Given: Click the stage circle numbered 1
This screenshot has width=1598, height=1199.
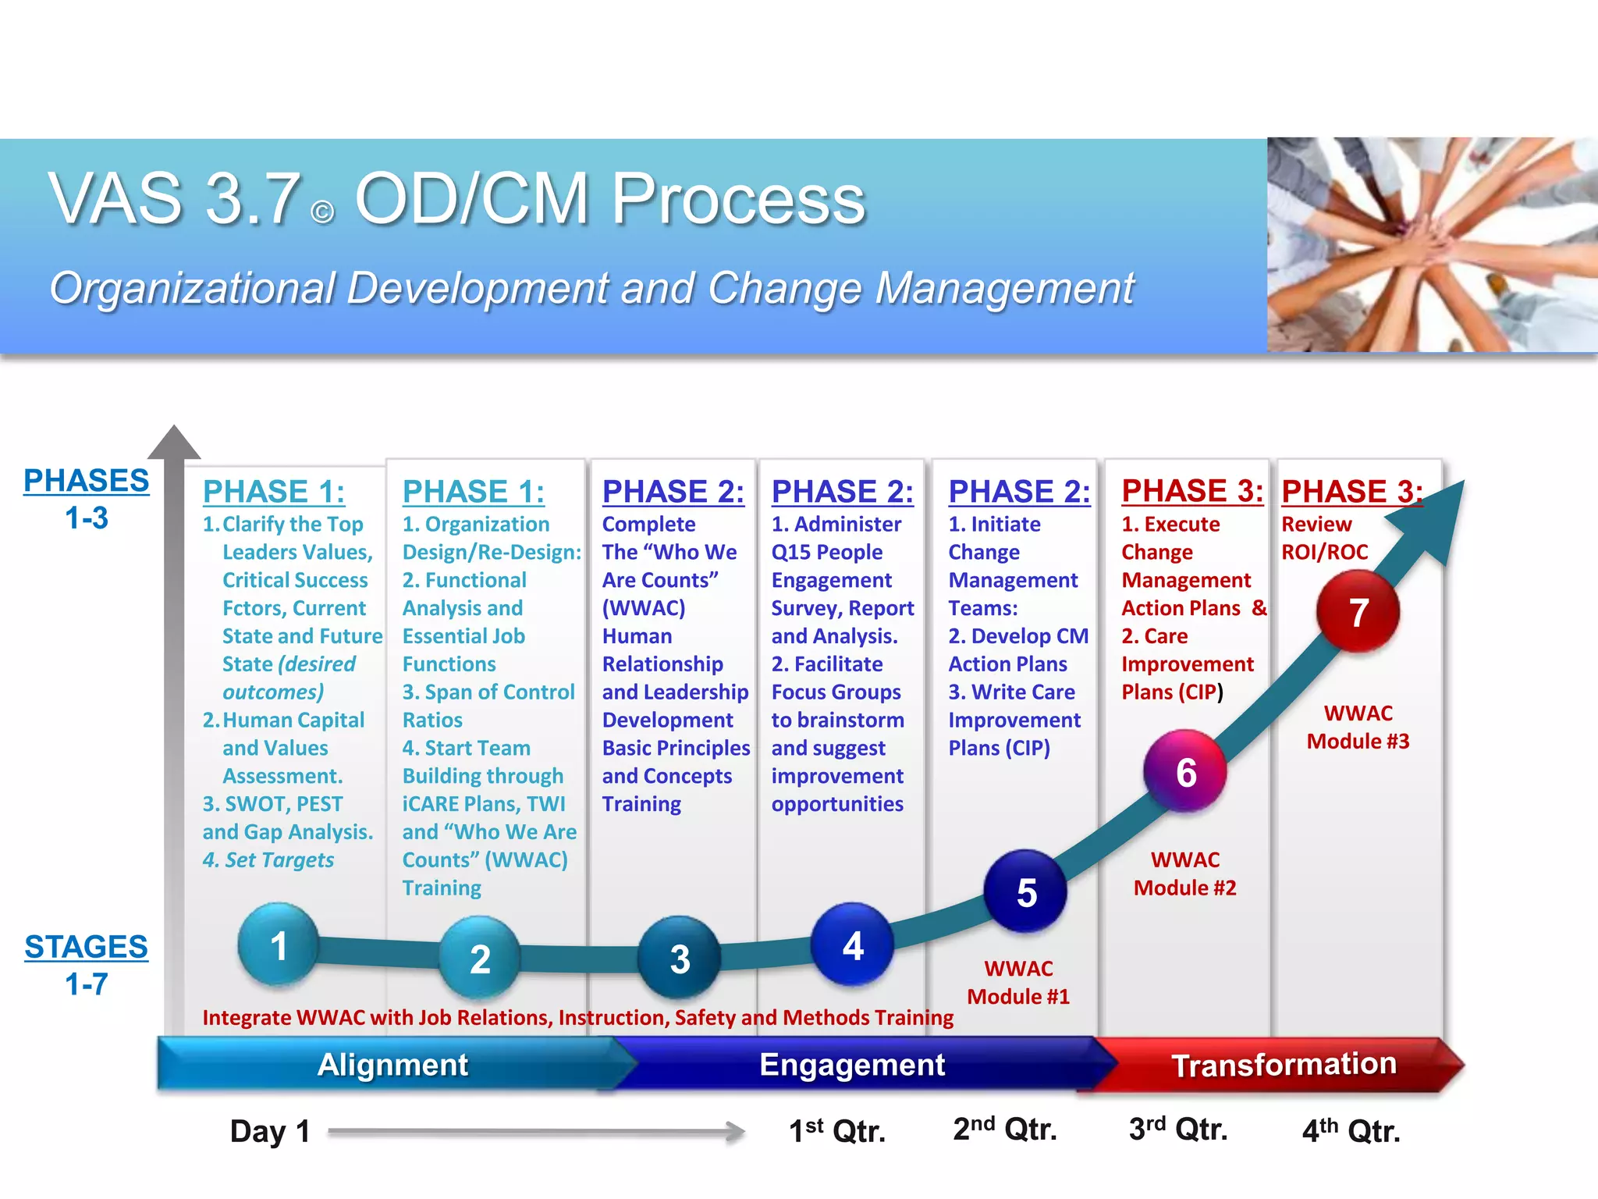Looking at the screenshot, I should [279, 945].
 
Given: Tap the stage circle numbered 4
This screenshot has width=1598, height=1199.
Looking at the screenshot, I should [852, 945].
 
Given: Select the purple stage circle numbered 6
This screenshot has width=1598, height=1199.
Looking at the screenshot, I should [1185, 771].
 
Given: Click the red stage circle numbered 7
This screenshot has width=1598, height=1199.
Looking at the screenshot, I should [1358, 611].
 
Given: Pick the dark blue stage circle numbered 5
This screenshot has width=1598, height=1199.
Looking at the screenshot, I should [1026, 891].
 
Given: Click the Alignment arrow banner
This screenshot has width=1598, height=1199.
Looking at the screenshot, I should [392, 1065].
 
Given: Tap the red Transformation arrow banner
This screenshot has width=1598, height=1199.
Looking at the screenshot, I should [1284, 1065].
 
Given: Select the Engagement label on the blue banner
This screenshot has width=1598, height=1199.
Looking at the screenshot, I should [852, 1065].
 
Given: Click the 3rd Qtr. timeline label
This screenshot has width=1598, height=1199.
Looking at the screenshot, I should [1178, 1130].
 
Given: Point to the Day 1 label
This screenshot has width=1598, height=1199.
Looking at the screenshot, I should [270, 1131].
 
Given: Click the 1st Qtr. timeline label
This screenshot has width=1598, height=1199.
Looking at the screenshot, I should [837, 1131].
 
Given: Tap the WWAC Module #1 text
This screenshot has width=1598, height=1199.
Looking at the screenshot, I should [1018, 983].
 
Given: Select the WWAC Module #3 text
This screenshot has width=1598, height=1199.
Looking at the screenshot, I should [1358, 728].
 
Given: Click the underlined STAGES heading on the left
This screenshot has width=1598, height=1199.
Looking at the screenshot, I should [86, 947].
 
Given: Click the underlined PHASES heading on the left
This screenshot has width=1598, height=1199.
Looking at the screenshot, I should [86, 481].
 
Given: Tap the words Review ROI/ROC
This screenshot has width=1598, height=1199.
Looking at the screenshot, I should [1324, 538].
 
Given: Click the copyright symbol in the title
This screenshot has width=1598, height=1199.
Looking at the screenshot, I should [322, 212].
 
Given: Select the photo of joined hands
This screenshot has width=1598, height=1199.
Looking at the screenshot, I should [1432, 244].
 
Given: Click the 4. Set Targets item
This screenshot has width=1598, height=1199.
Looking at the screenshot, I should [268, 860].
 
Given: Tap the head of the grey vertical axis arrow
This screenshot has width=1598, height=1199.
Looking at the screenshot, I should [174, 443].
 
